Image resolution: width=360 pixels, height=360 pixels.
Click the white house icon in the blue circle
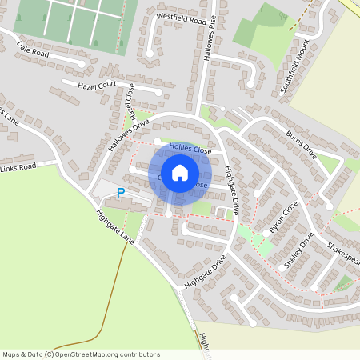180,173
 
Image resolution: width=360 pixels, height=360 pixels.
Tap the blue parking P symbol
121,193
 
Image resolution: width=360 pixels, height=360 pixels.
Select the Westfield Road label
182,17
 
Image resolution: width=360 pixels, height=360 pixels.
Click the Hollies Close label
190,150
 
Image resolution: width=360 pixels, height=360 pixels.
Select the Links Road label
18,167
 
